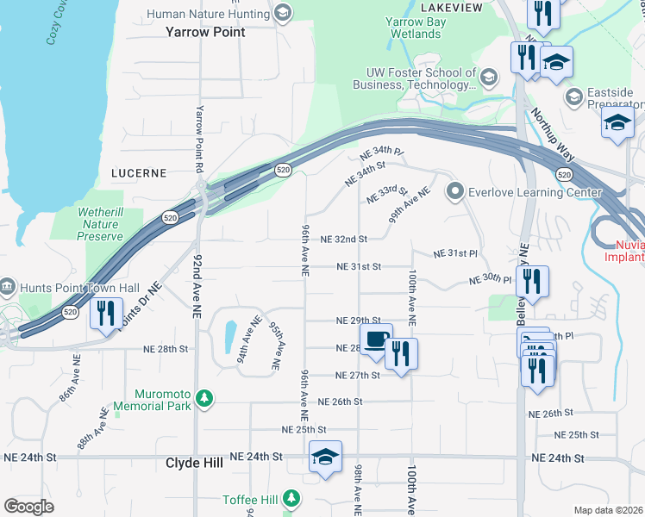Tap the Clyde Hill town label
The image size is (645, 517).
click(194, 463)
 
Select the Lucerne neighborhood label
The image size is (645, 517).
click(138, 172)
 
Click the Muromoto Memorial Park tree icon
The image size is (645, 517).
click(204, 398)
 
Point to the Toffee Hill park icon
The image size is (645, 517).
click(291, 498)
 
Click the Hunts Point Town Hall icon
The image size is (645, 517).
click(8, 285)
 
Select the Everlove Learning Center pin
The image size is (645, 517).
click(454, 190)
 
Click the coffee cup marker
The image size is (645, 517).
click(375, 339)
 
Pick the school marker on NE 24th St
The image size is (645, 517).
click(325, 457)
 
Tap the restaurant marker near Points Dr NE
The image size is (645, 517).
click(106, 313)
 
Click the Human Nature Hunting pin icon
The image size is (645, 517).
click(282, 12)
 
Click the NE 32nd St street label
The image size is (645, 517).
click(344, 239)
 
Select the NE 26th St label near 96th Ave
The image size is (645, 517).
click(340, 402)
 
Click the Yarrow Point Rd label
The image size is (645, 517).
click(200, 138)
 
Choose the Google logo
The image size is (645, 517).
click(28, 507)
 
